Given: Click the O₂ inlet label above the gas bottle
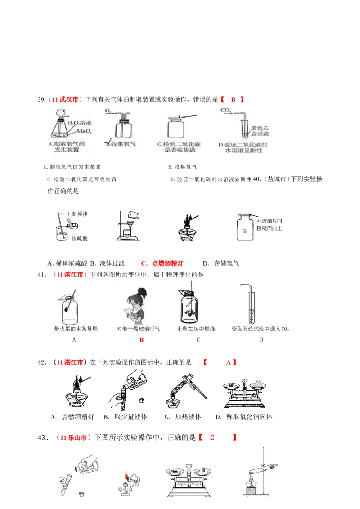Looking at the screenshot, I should click(x=108, y=110).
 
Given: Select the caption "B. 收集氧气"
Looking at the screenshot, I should click(x=120, y=144).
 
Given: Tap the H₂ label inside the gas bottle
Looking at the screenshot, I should click(x=244, y=232).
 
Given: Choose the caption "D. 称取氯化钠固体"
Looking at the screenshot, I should click(x=244, y=417).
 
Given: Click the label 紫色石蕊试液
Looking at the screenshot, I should click(x=260, y=130).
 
